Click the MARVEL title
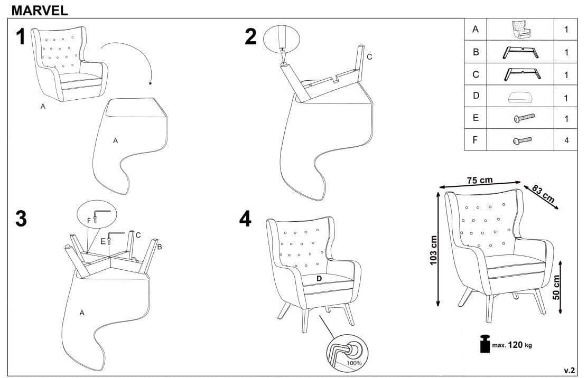pos(40,10)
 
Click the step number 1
pos(21,36)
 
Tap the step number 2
pos(251,36)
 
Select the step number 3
pos(21,219)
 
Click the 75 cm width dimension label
pos(480,180)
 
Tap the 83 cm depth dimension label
pos(543,194)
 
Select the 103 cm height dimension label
pos(433,251)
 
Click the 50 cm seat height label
pos(556,287)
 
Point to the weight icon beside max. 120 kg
pos(485,344)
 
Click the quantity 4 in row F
pos(566,140)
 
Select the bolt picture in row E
pos(524,118)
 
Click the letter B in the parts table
pos(476,52)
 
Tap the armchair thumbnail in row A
pos(521,30)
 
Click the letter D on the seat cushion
pos(319,279)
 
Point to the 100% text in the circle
pos(354,363)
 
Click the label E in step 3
pos(103,242)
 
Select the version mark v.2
pos(569,371)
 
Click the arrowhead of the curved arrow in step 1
pos(150,83)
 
